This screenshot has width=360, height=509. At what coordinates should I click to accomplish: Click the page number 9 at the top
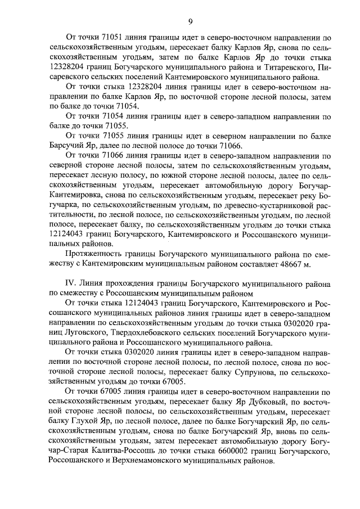pyautogui.click(x=190, y=22)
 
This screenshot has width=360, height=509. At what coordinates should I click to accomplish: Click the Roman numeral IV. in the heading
pyautogui.click(x=72, y=283)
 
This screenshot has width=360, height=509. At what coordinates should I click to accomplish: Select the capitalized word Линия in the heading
pyautogui.click(x=95, y=283)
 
